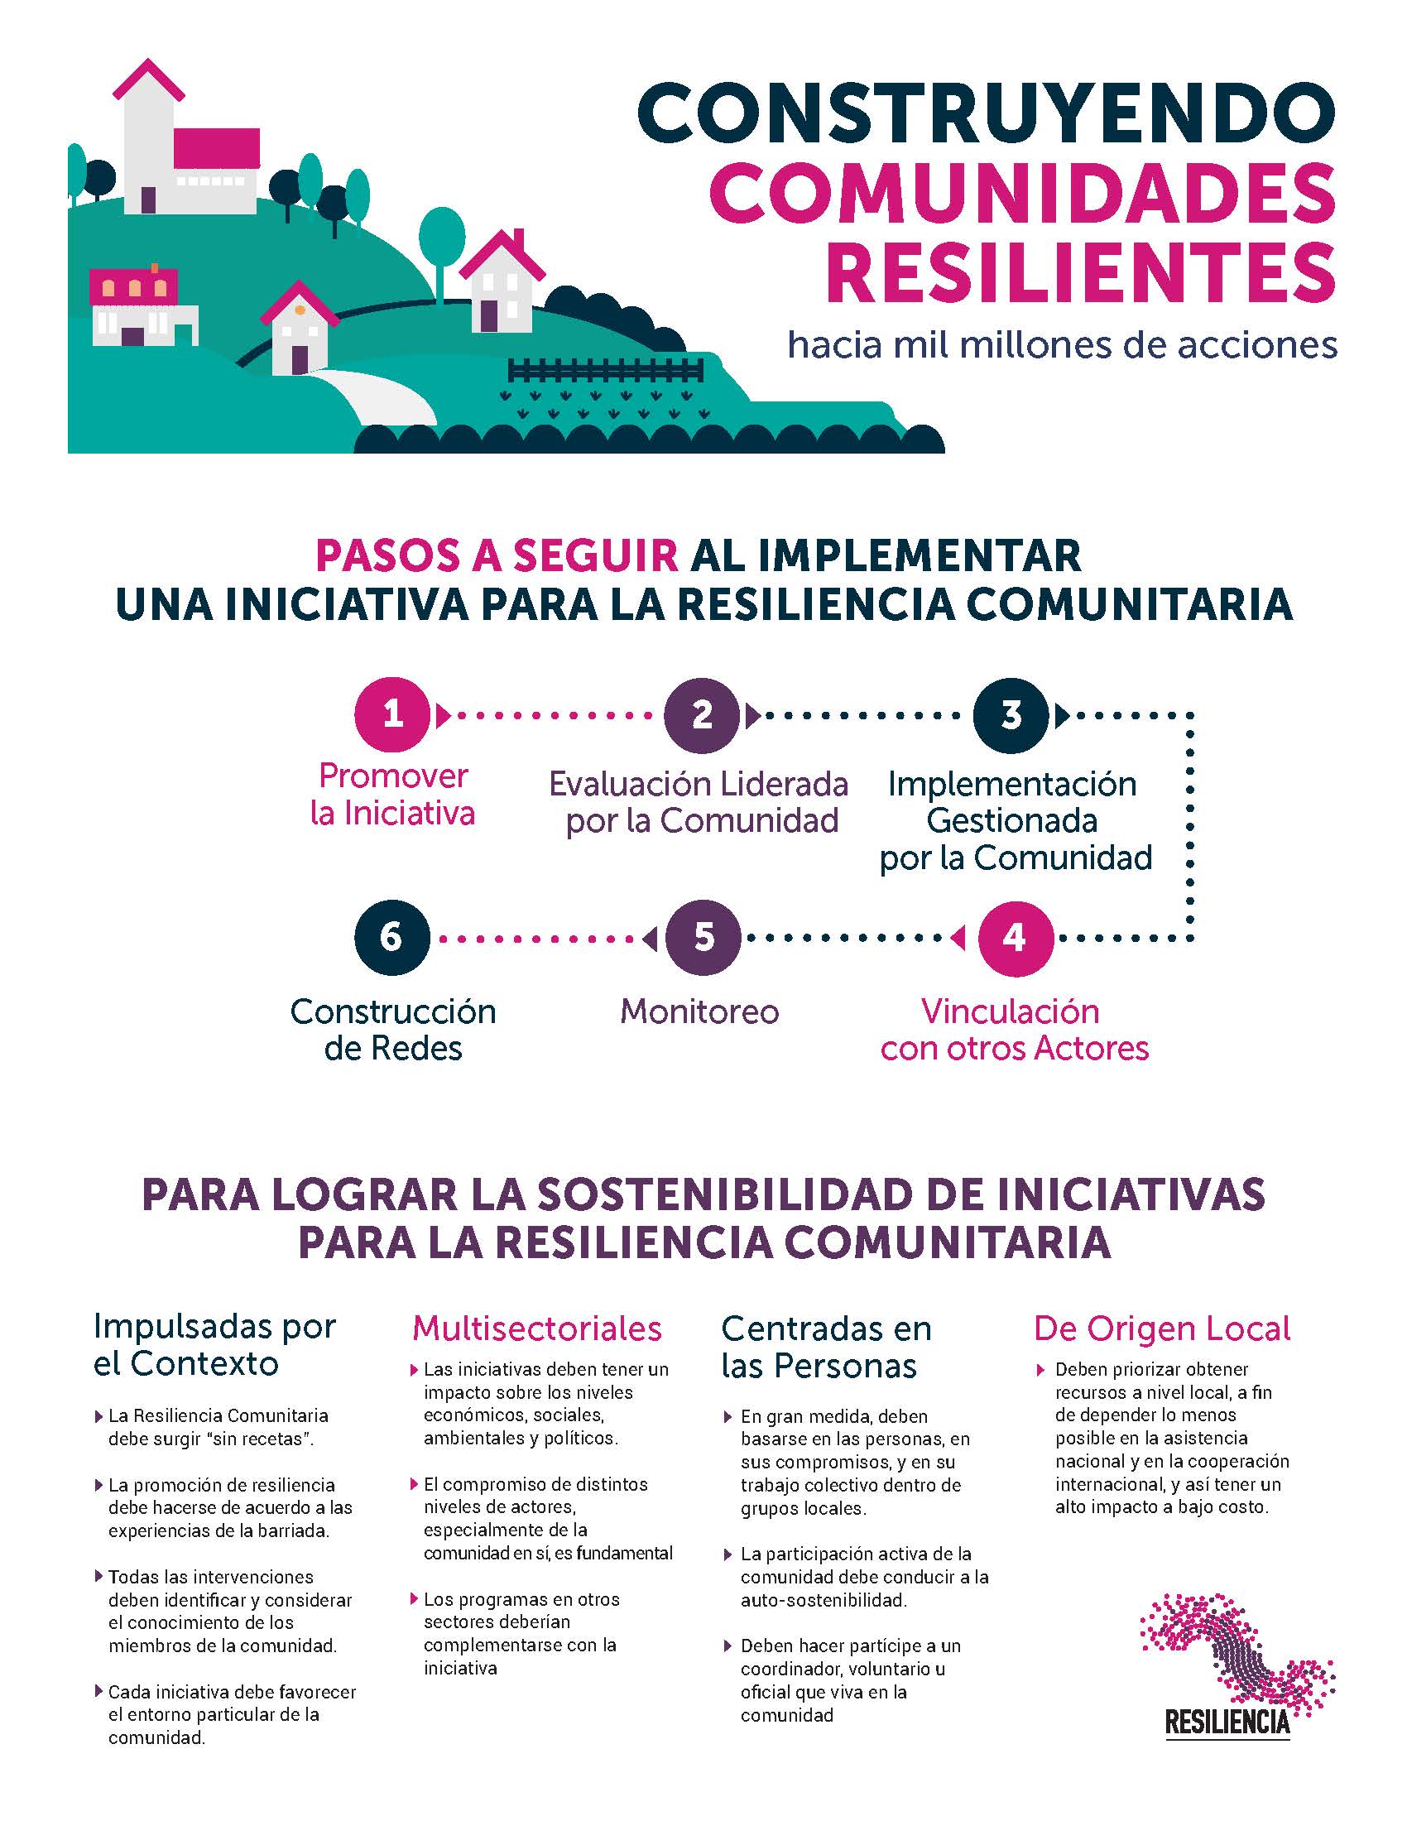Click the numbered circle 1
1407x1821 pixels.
point(392,714)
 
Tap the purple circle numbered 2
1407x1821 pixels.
point(702,714)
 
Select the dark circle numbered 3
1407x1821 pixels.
point(1011,714)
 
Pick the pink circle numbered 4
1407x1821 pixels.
point(1015,938)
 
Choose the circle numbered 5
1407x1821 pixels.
point(703,938)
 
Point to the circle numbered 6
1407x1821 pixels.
point(392,938)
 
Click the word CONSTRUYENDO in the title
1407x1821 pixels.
point(987,113)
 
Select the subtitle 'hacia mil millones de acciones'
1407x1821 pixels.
point(1063,344)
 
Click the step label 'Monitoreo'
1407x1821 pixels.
point(699,1011)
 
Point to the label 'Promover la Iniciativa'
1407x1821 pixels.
point(392,795)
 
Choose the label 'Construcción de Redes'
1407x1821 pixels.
point(392,1030)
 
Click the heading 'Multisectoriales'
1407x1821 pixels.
point(537,1329)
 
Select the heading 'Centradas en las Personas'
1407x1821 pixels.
point(826,1347)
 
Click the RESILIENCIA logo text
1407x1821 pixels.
point(1227,1722)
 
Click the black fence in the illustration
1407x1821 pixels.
point(606,369)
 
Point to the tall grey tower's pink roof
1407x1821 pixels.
point(148,79)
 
